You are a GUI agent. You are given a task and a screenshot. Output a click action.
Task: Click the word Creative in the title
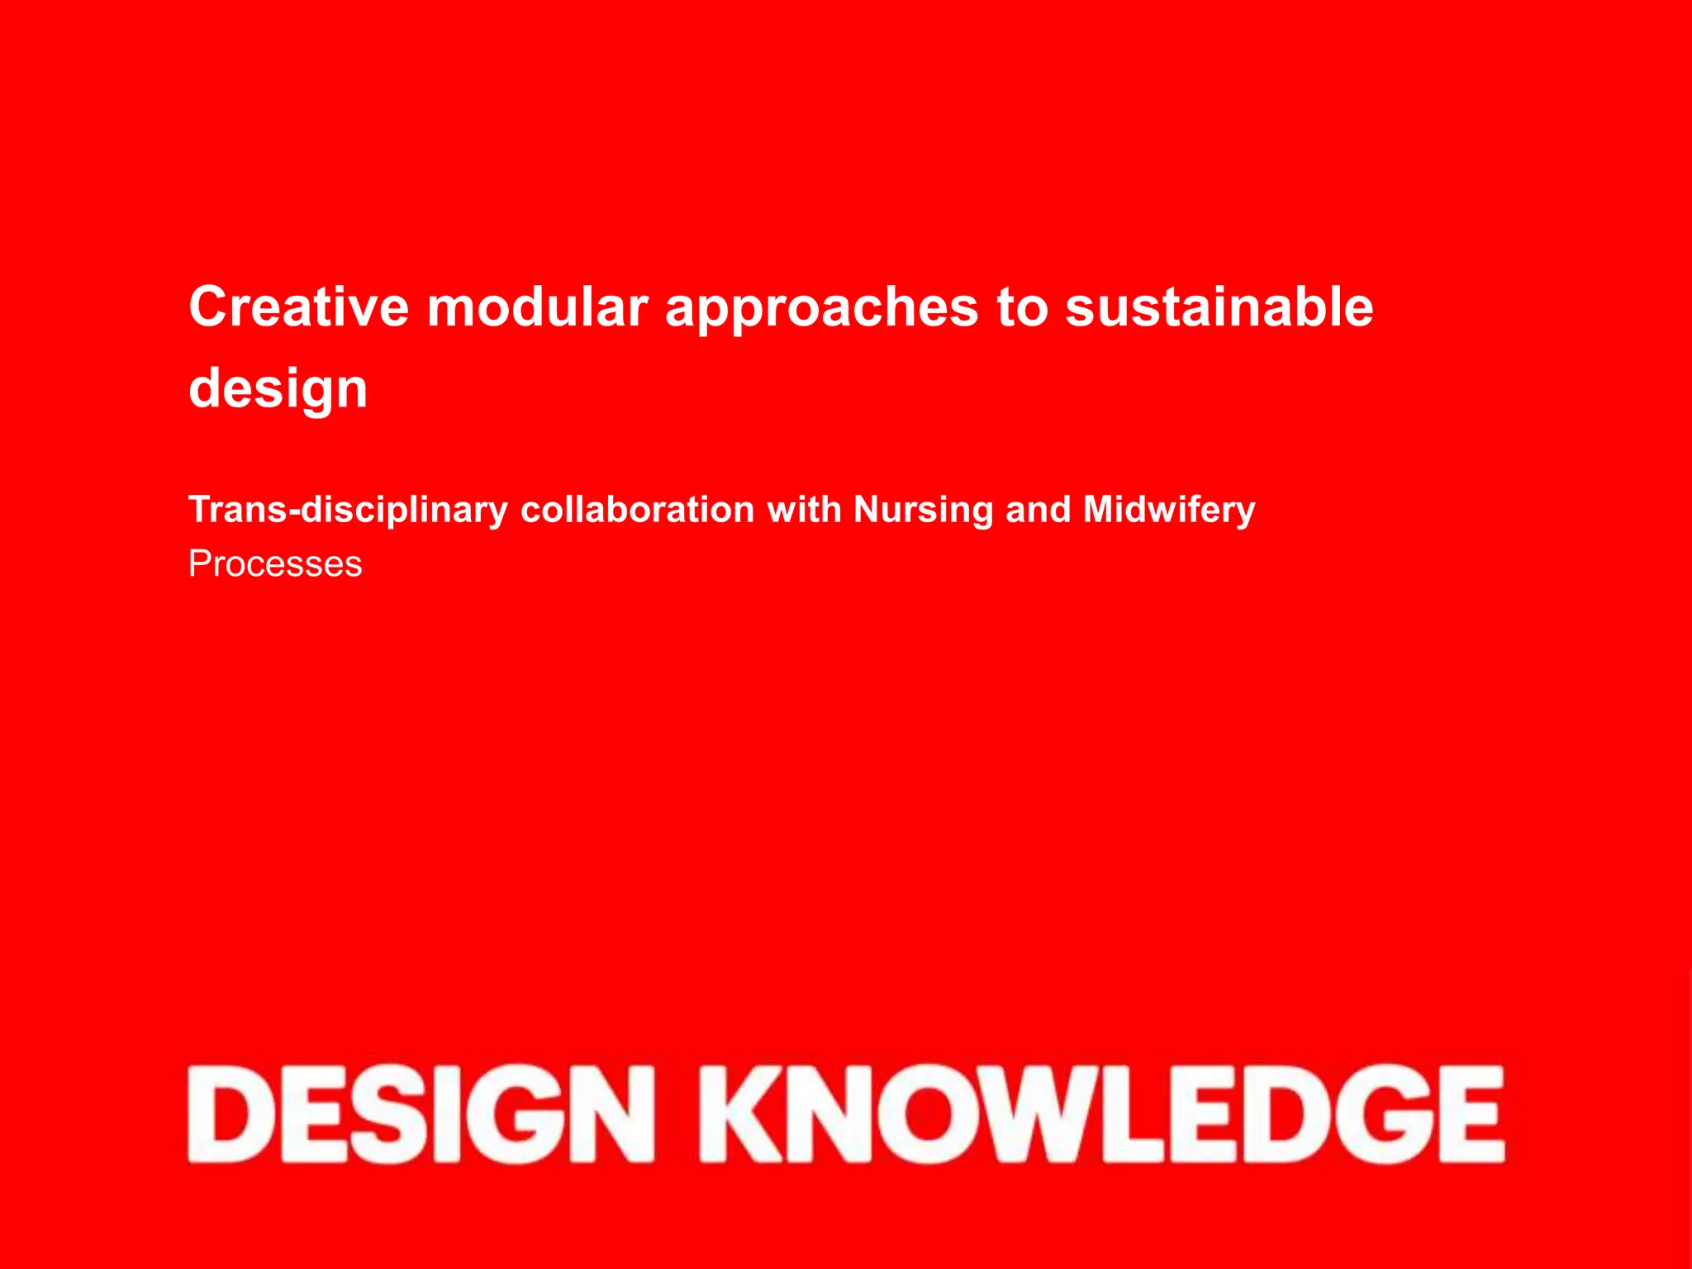pyautogui.click(x=299, y=307)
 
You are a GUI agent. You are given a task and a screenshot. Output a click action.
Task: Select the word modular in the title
pyautogui.click(x=537, y=307)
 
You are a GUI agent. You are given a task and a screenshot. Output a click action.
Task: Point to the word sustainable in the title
pyautogui.click(x=1219, y=307)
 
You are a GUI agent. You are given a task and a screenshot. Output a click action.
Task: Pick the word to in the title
pyautogui.click(x=1021, y=307)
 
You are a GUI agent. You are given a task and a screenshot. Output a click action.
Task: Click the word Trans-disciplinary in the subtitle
pyautogui.click(x=348, y=511)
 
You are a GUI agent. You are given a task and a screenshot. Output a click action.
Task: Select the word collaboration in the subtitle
pyautogui.click(x=637, y=509)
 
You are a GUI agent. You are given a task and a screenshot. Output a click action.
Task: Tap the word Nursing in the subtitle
pyautogui.click(x=923, y=511)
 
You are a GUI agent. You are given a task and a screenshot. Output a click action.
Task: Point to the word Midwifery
pyautogui.click(x=1169, y=511)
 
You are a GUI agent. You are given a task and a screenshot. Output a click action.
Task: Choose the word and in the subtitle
pyautogui.click(x=1038, y=509)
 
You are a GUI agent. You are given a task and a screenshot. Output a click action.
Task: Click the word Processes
pyautogui.click(x=275, y=564)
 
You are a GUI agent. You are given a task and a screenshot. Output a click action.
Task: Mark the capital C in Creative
pyautogui.click(x=208, y=307)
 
